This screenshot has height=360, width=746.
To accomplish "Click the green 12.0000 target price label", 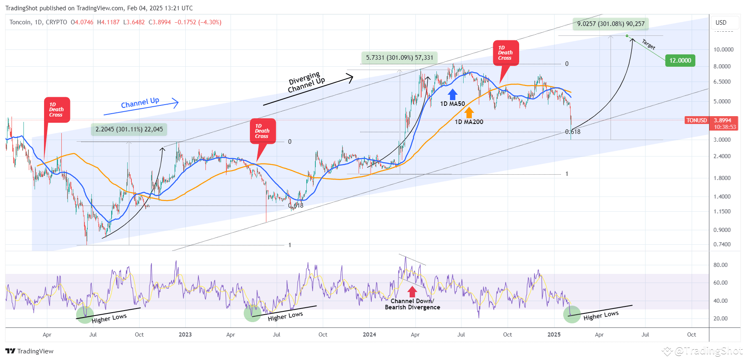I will click(680, 61).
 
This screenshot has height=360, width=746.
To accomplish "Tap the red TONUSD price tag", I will click(696, 120).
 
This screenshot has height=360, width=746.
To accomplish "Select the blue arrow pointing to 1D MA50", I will click(452, 94).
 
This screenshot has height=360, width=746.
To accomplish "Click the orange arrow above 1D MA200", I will click(469, 112).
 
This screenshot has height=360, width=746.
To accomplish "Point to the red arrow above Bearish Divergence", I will click(412, 292).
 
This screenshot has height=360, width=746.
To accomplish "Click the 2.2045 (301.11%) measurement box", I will click(129, 129).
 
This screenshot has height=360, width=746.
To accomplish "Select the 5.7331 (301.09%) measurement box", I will click(399, 58).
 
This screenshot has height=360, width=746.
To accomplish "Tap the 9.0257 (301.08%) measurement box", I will click(611, 24).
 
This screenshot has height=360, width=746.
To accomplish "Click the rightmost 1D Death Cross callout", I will click(506, 53).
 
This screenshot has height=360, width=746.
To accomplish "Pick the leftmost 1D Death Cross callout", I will click(57, 110).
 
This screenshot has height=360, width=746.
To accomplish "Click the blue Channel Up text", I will click(140, 103).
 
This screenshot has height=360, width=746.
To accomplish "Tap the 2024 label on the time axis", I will click(369, 334).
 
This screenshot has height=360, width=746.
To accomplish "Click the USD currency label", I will click(721, 23).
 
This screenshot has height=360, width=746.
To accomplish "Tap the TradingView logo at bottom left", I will click(30, 351).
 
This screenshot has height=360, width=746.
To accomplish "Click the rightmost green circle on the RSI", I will click(572, 314).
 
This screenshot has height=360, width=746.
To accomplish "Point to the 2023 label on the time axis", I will click(185, 334).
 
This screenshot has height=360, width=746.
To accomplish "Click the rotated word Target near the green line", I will click(648, 44).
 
